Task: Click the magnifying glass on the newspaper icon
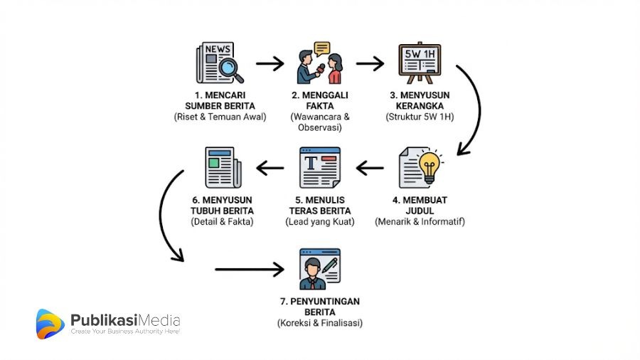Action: click(230, 68)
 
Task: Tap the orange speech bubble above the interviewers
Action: click(322, 48)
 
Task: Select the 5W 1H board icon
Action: click(419, 63)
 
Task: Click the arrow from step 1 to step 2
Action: click(270, 65)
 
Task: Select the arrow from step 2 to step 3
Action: click(370, 65)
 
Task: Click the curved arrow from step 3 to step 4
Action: click(470, 107)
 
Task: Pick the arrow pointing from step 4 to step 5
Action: click(370, 168)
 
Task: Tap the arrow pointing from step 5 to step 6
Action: click(270, 168)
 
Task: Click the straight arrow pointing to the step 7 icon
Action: click(249, 269)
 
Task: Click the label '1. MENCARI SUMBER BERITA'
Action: click(220, 101)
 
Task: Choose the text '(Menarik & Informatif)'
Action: click(420, 221)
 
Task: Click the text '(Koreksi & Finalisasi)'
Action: click(319, 323)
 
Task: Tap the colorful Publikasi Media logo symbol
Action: click(50, 324)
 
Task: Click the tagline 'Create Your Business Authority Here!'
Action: click(125, 332)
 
